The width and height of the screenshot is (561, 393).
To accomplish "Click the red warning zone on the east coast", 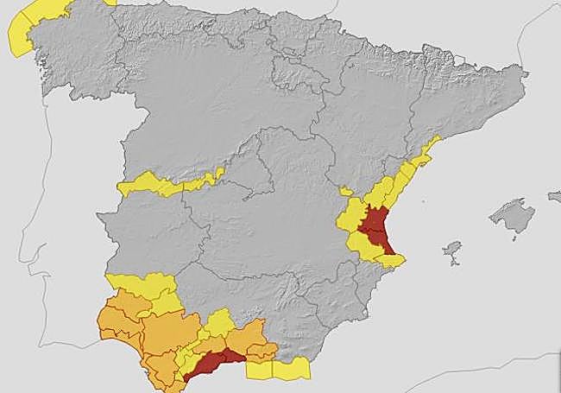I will pyautogui.click(x=376, y=230).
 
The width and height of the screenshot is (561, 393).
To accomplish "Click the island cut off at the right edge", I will pyautogui.click(x=554, y=197).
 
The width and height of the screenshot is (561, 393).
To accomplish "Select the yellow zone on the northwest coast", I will pyautogui.click(x=26, y=30).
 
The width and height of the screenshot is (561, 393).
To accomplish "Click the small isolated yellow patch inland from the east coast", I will pyautogui.click(x=345, y=191).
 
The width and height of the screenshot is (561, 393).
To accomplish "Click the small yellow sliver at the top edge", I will pyautogui.click(x=110, y=3).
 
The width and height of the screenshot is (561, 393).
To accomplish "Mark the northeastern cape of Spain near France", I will pyautogui.click(x=523, y=76).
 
